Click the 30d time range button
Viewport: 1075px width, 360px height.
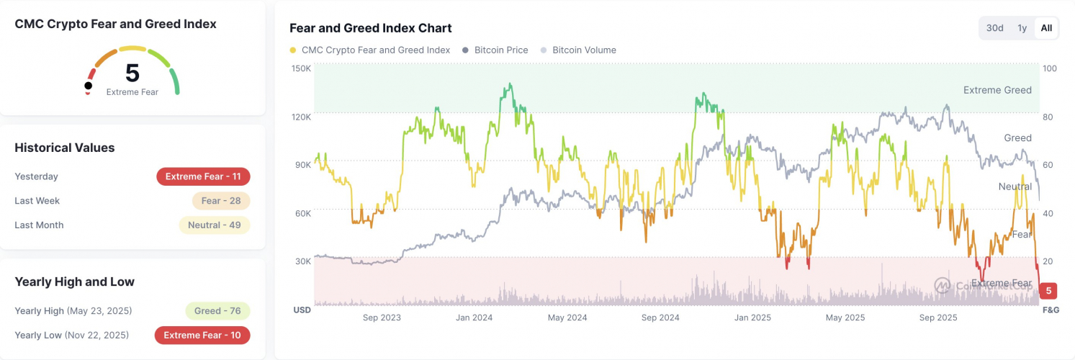[x=994, y=28]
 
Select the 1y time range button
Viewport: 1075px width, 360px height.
[x=1022, y=28]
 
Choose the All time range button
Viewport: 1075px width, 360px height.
[x=1046, y=28]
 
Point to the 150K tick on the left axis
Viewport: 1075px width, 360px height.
[x=301, y=68]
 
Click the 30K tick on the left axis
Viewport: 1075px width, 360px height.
[x=302, y=261]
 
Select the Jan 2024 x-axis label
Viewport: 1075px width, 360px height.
[x=474, y=318]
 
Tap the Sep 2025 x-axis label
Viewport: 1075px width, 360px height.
[x=938, y=318]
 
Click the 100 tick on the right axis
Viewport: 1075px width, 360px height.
[x=1050, y=68]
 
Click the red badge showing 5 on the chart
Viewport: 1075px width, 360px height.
[x=1049, y=291]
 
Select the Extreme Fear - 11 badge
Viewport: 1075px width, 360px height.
[x=203, y=176]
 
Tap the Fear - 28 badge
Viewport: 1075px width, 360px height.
[x=220, y=201]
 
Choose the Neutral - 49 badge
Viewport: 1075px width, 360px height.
[x=214, y=225]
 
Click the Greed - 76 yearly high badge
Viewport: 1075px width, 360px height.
[x=217, y=311]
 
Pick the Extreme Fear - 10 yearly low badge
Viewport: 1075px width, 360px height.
[x=202, y=335]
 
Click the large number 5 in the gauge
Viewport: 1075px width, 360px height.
[x=132, y=73]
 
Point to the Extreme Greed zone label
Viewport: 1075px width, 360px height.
[x=997, y=90]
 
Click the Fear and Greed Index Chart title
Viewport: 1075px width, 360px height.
[x=370, y=28]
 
